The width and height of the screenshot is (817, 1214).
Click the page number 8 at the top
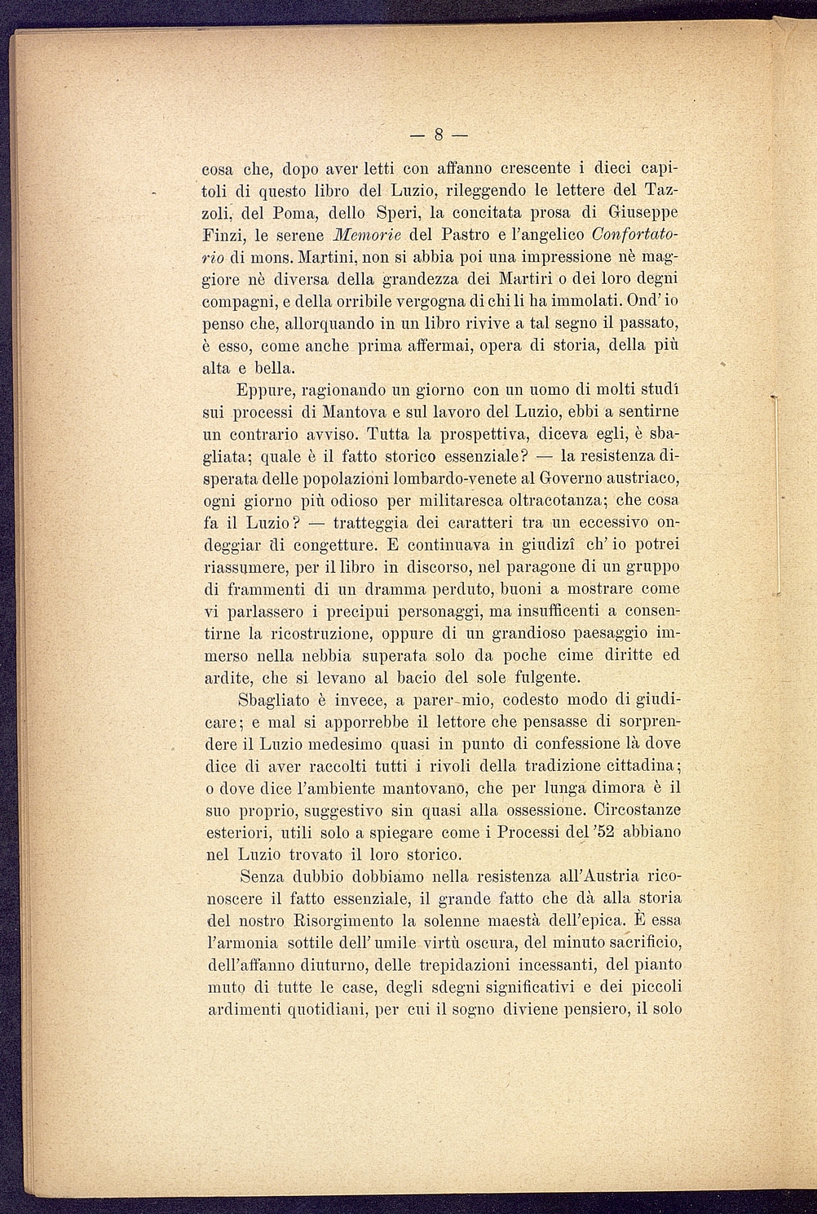coord(438,134)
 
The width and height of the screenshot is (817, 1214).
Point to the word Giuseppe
coord(644,214)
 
